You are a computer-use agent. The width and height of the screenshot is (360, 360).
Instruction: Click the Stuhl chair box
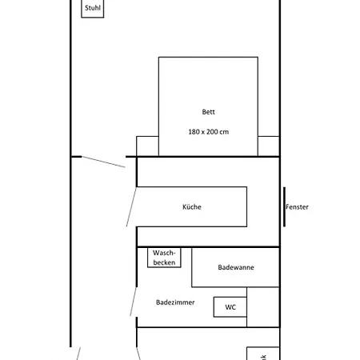[92, 9]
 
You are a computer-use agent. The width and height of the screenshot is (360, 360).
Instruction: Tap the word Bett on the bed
[208, 112]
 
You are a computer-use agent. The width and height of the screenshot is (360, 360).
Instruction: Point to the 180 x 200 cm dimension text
[208, 131]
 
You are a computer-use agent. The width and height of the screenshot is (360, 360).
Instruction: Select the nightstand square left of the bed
[147, 146]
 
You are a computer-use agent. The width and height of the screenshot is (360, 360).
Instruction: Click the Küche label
[192, 207]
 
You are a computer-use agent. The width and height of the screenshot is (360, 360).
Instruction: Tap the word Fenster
[297, 207]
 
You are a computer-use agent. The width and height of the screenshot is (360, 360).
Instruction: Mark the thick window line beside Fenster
[283, 207]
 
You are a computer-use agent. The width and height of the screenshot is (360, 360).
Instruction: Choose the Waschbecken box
[164, 257]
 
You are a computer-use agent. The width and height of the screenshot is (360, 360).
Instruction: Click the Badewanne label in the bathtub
[236, 267]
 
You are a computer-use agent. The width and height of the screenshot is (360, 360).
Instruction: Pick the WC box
[230, 307]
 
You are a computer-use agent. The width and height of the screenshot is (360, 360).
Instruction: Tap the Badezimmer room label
[175, 302]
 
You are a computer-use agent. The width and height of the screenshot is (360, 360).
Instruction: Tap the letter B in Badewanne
[220, 267]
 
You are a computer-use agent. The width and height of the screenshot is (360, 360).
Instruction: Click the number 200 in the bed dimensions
[211, 131]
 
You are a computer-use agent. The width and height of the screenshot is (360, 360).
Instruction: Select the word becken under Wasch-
[164, 262]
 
